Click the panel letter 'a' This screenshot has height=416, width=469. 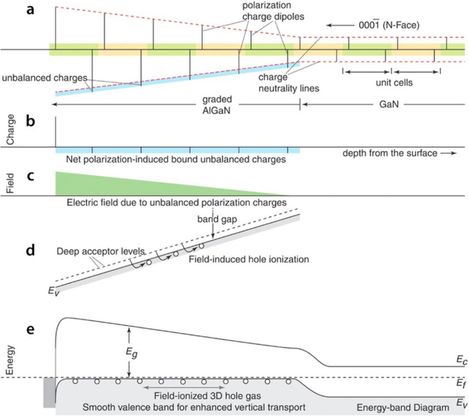tap(30, 10)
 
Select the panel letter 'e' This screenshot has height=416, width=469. tap(30, 329)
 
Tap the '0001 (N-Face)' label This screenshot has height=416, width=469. tap(389, 25)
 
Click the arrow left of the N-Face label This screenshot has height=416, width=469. tap(339, 25)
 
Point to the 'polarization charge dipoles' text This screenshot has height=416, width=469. tap(273, 11)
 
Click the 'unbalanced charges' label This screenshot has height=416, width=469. tap(44, 78)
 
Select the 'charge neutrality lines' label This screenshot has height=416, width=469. tap(289, 83)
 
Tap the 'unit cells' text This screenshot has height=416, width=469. tap(394, 83)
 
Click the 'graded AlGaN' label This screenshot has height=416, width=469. tap(217, 105)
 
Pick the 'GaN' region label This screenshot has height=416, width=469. tap(389, 105)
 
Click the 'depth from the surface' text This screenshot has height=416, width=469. tap(389, 153)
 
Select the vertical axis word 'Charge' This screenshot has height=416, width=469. tap(10, 129)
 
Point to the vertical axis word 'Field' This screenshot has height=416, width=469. tap(10, 183)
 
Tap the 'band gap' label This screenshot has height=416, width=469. tap(217, 219)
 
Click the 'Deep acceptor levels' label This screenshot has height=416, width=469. tap(101, 252)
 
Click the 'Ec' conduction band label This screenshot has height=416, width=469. tap(462, 361)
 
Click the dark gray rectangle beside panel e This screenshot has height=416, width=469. tap(49, 392)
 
